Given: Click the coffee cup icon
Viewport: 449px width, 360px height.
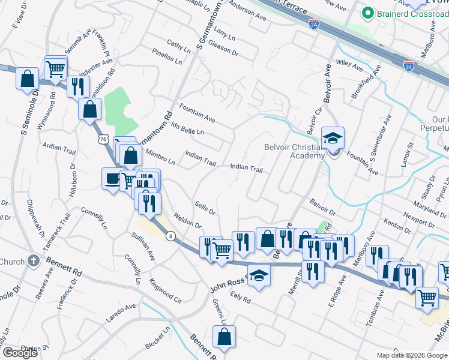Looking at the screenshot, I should click(x=112, y=178).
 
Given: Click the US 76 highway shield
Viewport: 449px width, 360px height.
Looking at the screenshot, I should click(x=103, y=139).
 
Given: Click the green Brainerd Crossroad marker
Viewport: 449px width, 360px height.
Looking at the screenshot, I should click(x=367, y=13).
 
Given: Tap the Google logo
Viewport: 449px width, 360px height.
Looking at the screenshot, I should click(x=20, y=352).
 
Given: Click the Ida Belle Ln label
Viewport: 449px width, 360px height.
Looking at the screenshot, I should click(x=187, y=131).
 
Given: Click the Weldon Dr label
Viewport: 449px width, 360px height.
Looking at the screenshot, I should click(x=187, y=220).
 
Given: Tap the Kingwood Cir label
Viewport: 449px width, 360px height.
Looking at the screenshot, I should click(x=166, y=290).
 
